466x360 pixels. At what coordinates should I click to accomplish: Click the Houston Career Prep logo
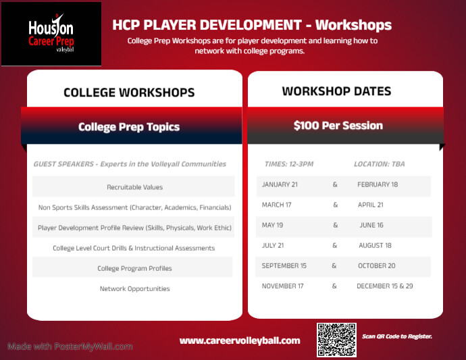[x=51, y=34]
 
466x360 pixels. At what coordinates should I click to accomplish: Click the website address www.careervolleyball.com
[x=240, y=340]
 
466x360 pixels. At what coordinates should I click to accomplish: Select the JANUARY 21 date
[x=280, y=184]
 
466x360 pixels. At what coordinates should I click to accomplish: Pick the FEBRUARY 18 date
[x=378, y=184]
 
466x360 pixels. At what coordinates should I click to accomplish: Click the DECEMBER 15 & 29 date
[x=385, y=286]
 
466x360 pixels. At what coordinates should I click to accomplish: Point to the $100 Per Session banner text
[x=338, y=126]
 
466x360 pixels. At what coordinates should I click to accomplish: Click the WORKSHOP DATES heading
[x=336, y=91]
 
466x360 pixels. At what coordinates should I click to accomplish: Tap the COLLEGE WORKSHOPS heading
[x=129, y=93]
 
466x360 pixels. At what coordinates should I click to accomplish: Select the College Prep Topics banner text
[x=129, y=127]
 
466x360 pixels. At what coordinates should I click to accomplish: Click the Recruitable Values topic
[x=134, y=187]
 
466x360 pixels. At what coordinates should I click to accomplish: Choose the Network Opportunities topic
[x=134, y=289]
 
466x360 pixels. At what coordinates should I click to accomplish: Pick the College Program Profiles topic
[x=134, y=269]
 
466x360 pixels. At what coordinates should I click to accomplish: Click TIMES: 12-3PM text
[x=288, y=164]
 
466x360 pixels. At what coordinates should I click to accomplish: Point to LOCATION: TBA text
[x=380, y=164]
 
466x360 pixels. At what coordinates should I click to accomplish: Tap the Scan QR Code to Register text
[x=397, y=336]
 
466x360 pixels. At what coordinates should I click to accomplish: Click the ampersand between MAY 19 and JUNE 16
[x=335, y=226]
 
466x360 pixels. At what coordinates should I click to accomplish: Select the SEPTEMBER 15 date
[x=284, y=266]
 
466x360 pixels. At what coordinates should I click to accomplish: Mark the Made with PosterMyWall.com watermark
[x=70, y=346]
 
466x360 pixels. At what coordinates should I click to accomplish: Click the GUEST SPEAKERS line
[x=130, y=164]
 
